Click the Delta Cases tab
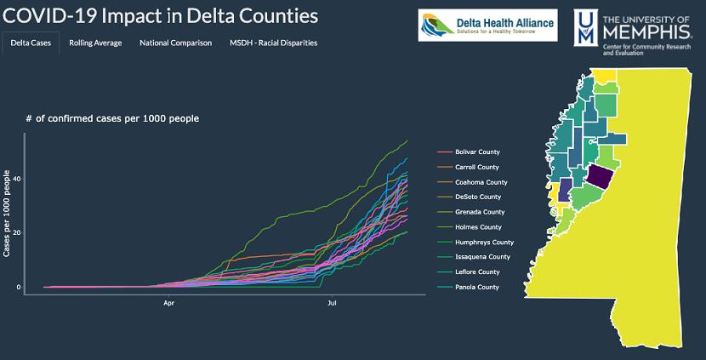[x=31, y=43]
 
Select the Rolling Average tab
[x=95, y=43]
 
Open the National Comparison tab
[x=175, y=43]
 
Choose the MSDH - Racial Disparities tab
[x=273, y=43]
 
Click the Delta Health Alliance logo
[x=487, y=26]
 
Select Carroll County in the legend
[x=477, y=167]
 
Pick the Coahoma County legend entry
[x=481, y=182]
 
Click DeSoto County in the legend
[x=479, y=197]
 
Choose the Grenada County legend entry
[x=480, y=212]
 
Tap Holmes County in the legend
[x=478, y=227]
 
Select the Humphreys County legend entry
[x=484, y=242]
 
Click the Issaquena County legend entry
[x=482, y=257]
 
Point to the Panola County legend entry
[x=477, y=287]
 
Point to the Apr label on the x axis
[x=169, y=301]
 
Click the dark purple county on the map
[x=599, y=178]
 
